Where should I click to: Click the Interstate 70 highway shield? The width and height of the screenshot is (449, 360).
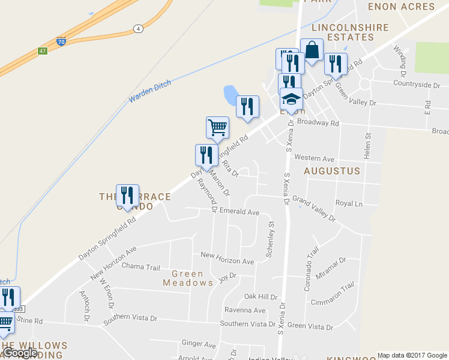[x=61, y=41]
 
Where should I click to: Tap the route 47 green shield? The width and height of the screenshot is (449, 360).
[x=42, y=51]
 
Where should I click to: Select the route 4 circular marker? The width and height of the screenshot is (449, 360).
[x=138, y=28]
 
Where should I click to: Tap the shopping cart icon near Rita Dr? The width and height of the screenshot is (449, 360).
[x=217, y=127]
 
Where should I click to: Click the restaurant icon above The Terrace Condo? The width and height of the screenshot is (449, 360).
[x=127, y=195]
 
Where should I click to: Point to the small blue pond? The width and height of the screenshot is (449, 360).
[x=230, y=94]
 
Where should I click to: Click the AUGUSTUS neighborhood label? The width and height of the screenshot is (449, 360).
[x=332, y=171]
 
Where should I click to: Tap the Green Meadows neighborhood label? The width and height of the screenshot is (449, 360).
[x=188, y=278]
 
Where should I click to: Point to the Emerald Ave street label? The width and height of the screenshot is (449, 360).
[x=239, y=212]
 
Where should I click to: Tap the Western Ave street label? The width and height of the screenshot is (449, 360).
[x=315, y=158]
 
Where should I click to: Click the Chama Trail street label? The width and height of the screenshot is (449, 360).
[x=140, y=266]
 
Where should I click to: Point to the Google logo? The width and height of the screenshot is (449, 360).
[x=20, y=353]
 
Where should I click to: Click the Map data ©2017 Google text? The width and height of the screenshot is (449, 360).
[x=412, y=355]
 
